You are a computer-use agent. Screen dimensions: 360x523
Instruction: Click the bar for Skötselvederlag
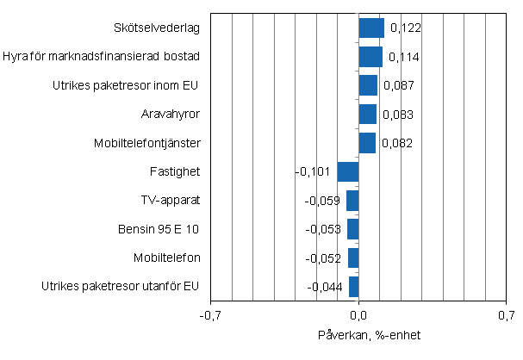371,28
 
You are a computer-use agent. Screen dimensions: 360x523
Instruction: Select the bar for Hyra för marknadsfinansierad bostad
370,57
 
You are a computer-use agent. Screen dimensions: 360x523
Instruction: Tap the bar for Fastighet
348,171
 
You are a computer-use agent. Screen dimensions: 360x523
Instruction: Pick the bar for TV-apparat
352,201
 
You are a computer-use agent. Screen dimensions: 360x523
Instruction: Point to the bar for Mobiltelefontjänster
367,143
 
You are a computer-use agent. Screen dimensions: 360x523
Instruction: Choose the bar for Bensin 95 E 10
353,229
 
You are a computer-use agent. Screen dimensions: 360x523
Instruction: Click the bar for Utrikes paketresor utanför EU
354,287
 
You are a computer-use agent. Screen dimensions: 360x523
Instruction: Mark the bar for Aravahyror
368,115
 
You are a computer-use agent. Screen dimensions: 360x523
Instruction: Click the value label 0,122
405,28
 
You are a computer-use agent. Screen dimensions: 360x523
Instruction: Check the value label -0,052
324,258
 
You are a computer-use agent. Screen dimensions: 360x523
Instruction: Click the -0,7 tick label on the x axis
210,315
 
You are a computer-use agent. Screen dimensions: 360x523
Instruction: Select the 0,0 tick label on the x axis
359,315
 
